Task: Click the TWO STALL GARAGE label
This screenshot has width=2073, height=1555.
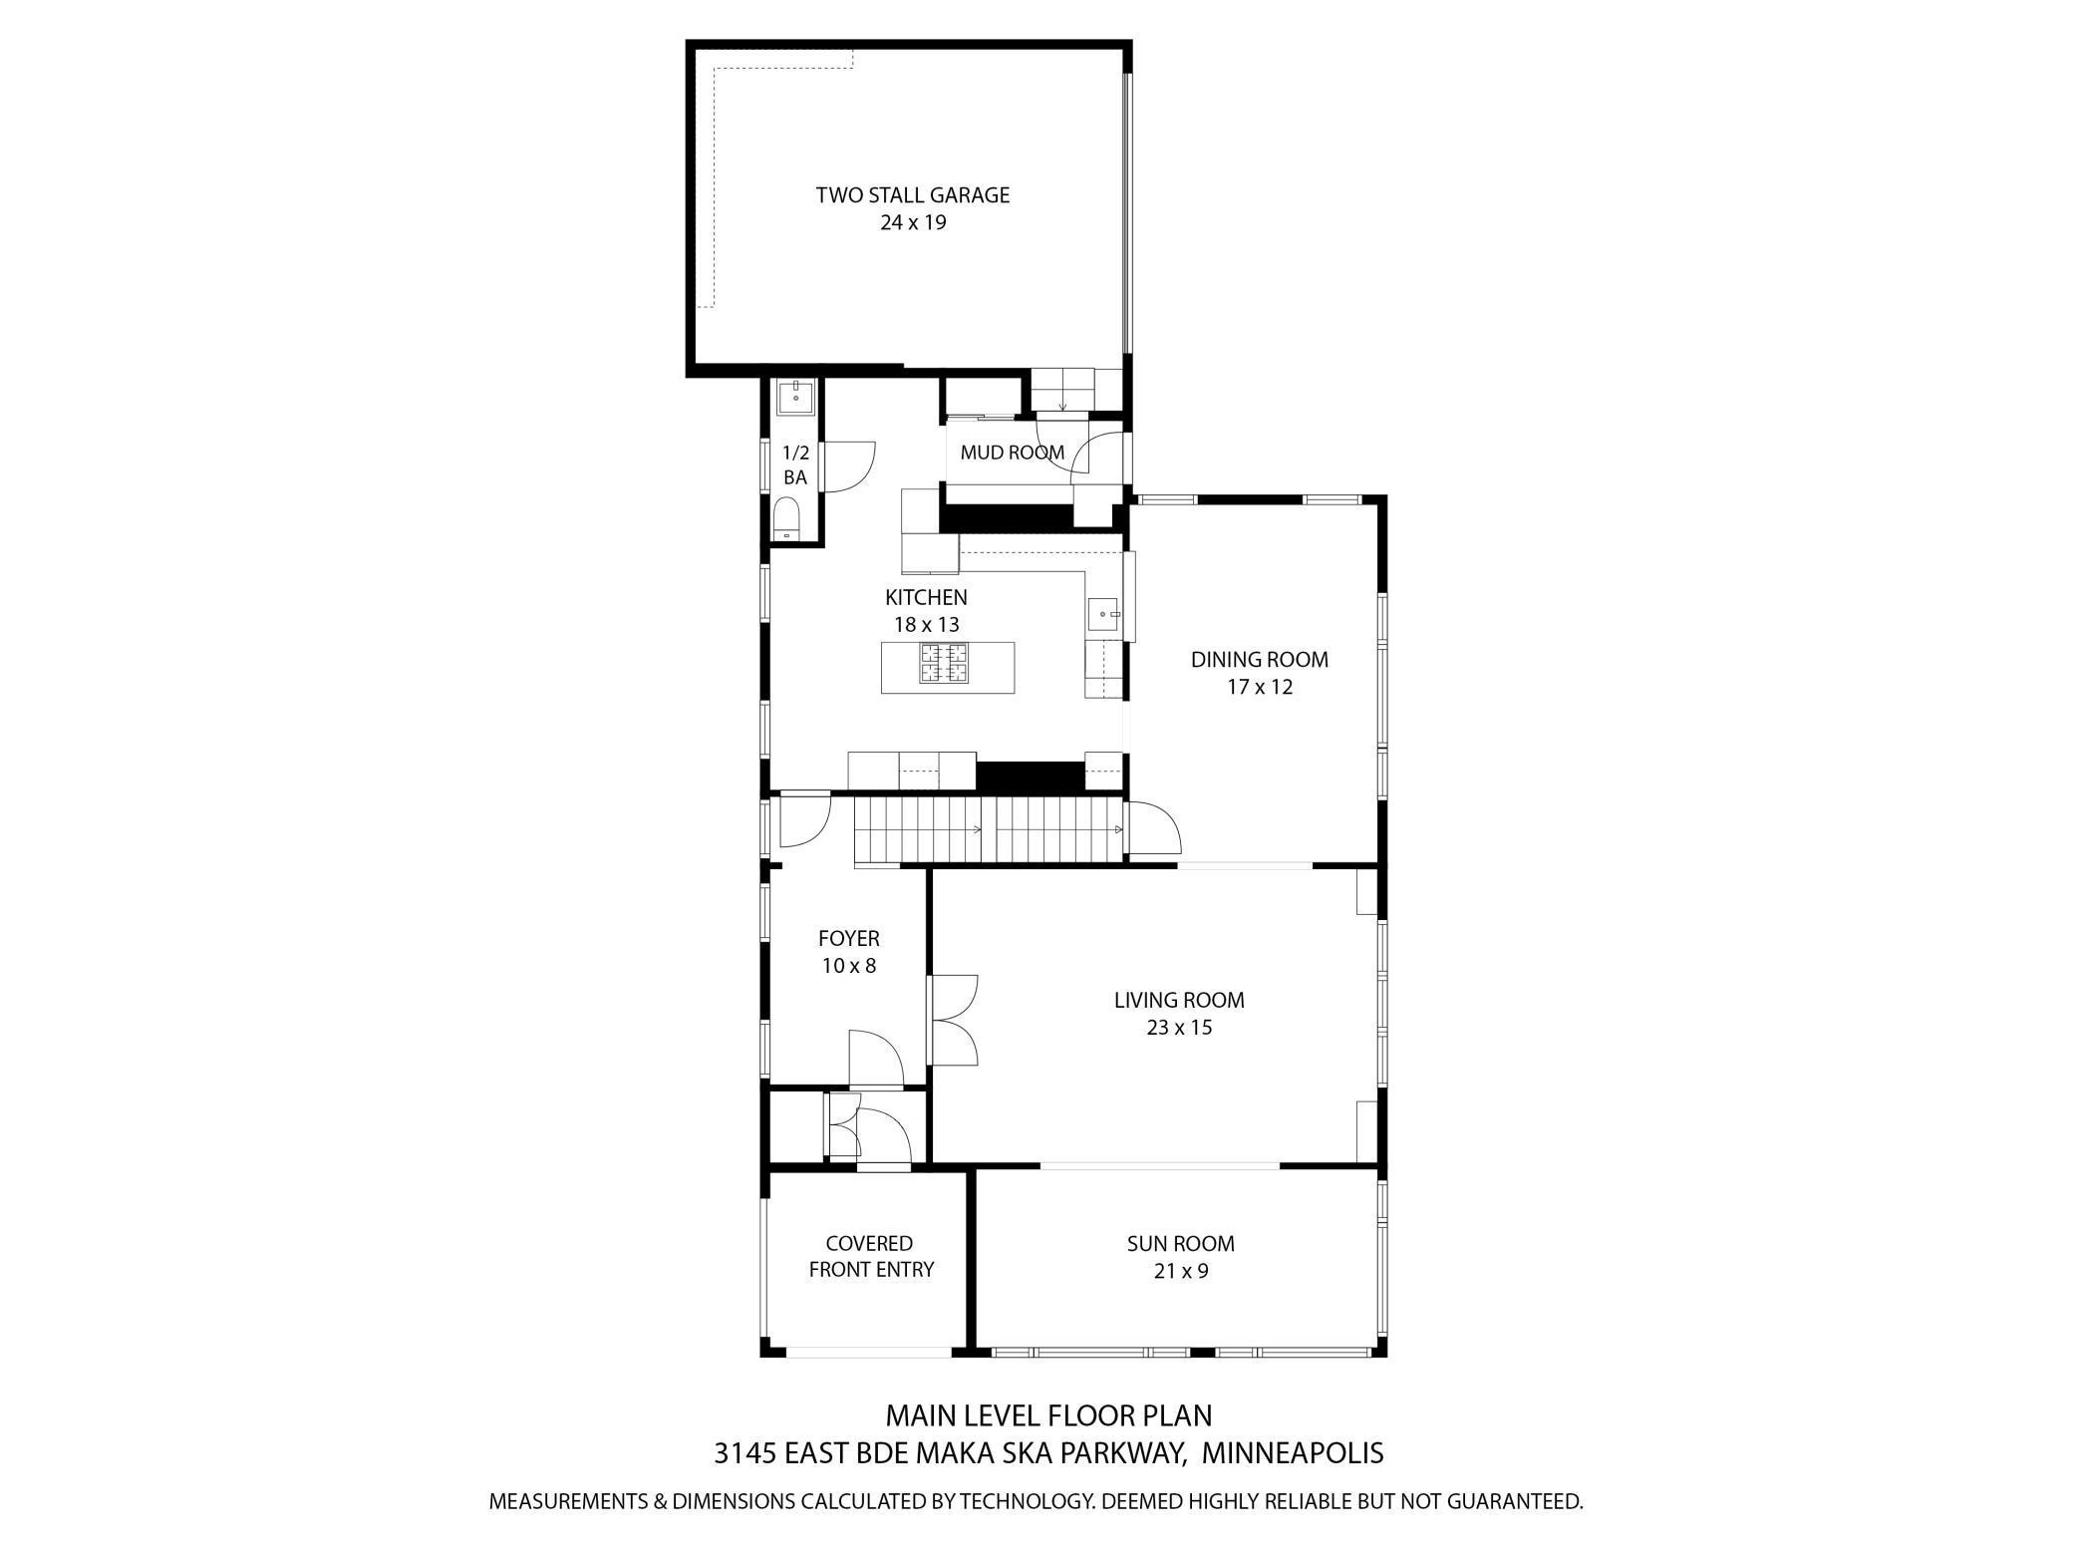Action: pyautogui.click(x=912, y=195)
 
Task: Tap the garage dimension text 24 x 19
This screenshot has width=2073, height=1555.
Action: pyautogui.click(x=912, y=222)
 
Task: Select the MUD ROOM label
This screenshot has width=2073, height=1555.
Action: pyautogui.click(x=1012, y=453)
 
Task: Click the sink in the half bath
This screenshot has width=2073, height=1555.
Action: pyautogui.click(x=796, y=397)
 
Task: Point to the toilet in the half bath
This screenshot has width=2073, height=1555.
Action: pyautogui.click(x=787, y=520)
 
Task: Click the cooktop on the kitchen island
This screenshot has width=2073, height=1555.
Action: pyautogui.click(x=943, y=664)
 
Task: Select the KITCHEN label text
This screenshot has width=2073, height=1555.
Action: pyautogui.click(x=926, y=598)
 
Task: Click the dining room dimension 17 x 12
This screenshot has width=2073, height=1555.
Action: pyautogui.click(x=1259, y=687)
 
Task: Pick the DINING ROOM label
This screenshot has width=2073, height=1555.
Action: pyautogui.click(x=1259, y=660)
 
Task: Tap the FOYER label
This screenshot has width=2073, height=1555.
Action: pyautogui.click(x=848, y=939)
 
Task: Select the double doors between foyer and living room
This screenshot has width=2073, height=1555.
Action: pyautogui.click(x=954, y=1020)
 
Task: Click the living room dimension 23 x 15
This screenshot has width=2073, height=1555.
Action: pyautogui.click(x=1179, y=1028)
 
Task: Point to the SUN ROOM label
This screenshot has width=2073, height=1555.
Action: pyautogui.click(x=1180, y=1244)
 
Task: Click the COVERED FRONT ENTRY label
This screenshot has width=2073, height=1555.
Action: pyautogui.click(x=870, y=1257)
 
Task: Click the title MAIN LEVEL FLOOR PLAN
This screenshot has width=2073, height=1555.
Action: pyautogui.click(x=1048, y=1415)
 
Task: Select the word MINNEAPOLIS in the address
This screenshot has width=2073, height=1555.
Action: pyautogui.click(x=1293, y=1453)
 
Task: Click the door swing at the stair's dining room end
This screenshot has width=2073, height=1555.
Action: pyautogui.click(x=1153, y=828)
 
